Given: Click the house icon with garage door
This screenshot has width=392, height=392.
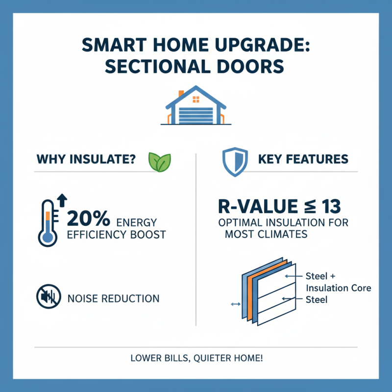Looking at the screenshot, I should click(x=196, y=107).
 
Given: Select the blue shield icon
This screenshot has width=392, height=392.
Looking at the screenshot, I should click(x=232, y=162).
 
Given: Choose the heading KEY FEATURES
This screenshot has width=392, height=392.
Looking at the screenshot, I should click(x=302, y=159).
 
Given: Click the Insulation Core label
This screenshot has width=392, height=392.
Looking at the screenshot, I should click(x=338, y=288).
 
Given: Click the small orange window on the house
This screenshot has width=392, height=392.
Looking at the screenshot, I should click(x=196, y=99).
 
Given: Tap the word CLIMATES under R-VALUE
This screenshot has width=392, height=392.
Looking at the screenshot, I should click(x=280, y=234).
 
